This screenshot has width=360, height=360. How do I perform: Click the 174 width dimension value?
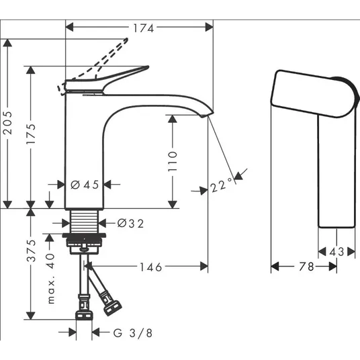[x=144, y=28]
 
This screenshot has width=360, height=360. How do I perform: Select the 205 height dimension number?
[x=7, y=123]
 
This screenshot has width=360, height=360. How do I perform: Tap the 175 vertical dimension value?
[x=31, y=134]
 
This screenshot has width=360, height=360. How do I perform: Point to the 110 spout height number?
[x=173, y=161]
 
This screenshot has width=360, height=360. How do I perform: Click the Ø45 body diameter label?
[x=85, y=185]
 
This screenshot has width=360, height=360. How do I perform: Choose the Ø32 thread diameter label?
[x=130, y=223]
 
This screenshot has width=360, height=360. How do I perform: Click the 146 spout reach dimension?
[x=151, y=267]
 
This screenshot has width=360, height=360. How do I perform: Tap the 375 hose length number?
[x=31, y=251]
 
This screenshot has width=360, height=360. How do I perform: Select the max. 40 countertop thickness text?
[x=51, y=279]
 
